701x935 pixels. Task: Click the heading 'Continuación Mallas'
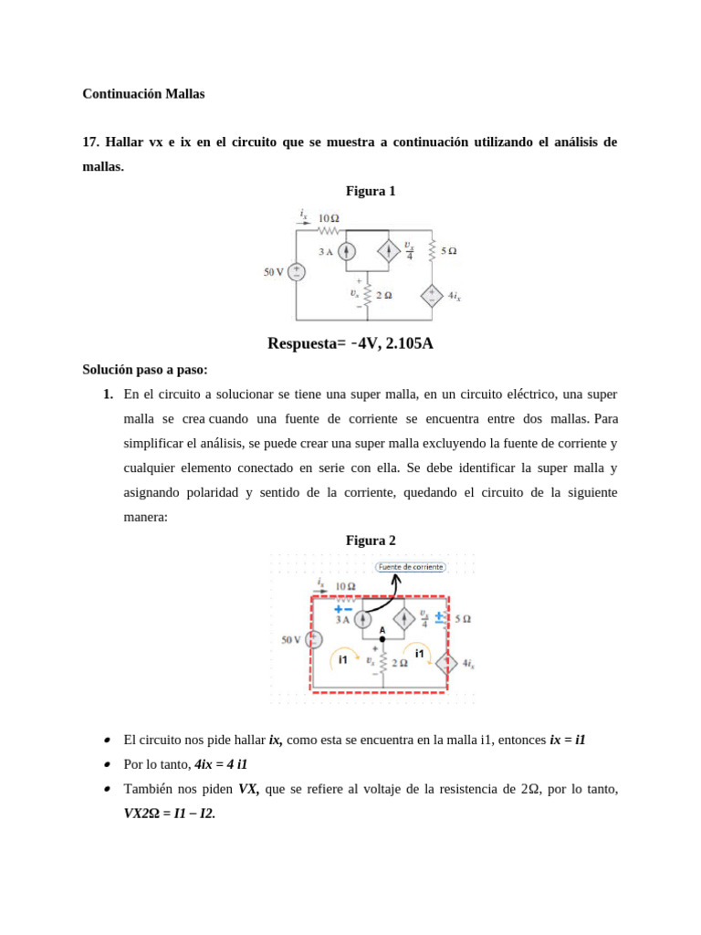pos(143,94)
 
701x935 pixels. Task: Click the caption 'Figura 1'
pos(371,191)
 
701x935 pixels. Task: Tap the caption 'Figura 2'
pos(371,541)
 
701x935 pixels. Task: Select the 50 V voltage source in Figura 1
pos(297,271)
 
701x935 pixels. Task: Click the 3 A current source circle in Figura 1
pos(346,251)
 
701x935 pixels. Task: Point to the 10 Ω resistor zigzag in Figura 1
pos(328,229)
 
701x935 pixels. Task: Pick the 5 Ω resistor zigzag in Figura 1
pos(432,249)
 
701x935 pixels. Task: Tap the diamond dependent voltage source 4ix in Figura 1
pos(432,296)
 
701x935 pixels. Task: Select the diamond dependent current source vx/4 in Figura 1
pos(387,251)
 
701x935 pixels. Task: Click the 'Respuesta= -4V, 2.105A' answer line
pos(350,343)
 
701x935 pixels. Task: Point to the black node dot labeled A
pos(382,639)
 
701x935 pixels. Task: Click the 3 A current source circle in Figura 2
pos(362,619)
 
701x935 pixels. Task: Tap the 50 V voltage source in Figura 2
pos(312,640)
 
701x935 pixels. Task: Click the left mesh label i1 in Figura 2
pos(343,658)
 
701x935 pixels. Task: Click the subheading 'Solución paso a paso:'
pos(145,370)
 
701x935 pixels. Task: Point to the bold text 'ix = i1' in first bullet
pos(567,740)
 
